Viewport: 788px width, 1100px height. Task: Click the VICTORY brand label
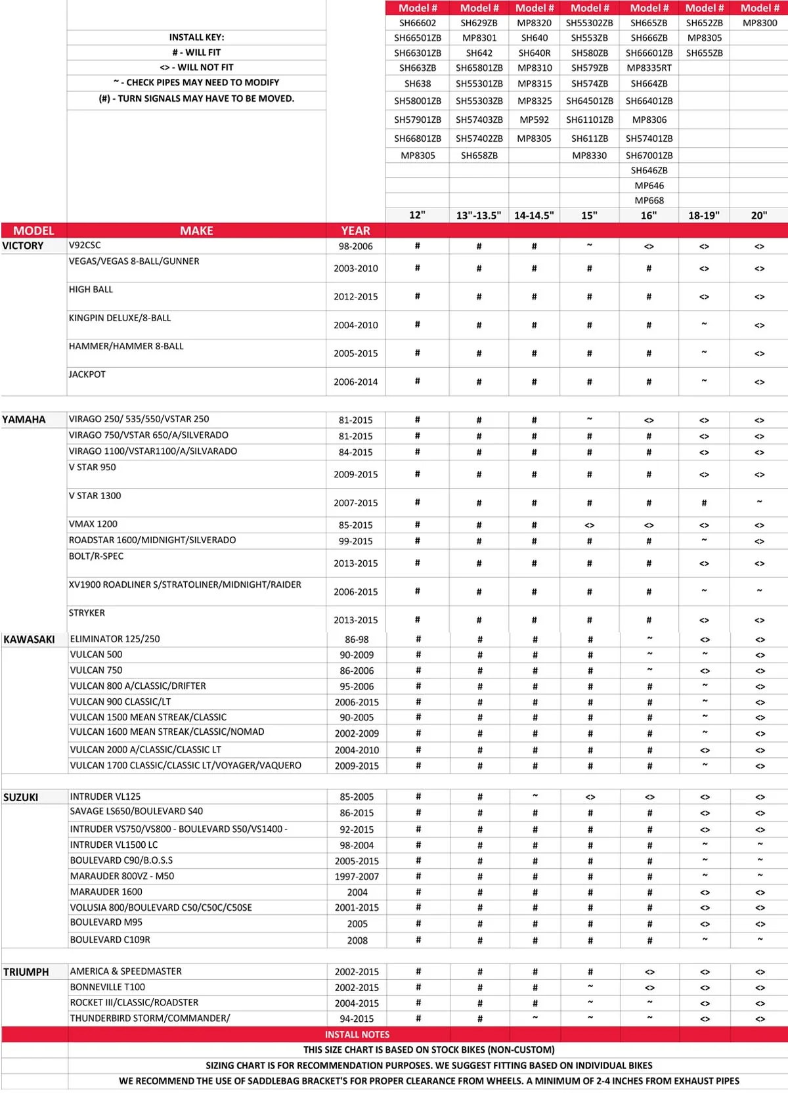pyautogui.click(x=23, y=246)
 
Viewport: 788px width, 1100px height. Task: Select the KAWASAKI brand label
pyautogui.click(x=29, y=639)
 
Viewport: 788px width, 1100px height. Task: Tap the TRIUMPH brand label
pyautogui.click(x=26, y=972)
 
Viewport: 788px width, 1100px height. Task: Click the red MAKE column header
pyautogui.click(x=196, y=231)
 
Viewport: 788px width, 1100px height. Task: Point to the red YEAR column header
pyautogui.click(x=355, y=231)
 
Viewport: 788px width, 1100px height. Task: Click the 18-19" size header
pyautogui.click(x=704, y=215)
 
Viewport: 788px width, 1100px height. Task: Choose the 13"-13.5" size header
pyautogui.click(x=479, y=215)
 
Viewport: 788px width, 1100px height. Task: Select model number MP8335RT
pyautogui.click(x=649, y=68)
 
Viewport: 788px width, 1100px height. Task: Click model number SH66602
pyautogui.click(x=418, y=23)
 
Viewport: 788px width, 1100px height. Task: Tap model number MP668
pyautogui.click(x=649, y=200)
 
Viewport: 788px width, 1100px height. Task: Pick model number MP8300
pyautogui.click(x=760, y=23)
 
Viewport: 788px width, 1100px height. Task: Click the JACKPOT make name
pyautogui.click(x=87, y=374)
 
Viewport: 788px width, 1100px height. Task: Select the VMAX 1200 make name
pyautogui.click(x=93, y=524)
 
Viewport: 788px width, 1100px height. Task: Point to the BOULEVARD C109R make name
pyautogui.click(x=110, y=940)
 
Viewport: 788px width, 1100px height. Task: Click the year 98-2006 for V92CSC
pyautogui.click(x=355, y=246)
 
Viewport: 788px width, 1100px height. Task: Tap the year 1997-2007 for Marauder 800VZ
pyautogui.click(x=357, y=877)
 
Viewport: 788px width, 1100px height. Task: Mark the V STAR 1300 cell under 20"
pyautogui.click(x=759, y=502)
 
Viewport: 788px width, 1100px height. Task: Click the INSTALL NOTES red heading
pyautogui.click(x=357, y=1034)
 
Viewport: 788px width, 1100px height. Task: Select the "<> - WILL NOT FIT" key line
pyautogui.click(x=196, y=67)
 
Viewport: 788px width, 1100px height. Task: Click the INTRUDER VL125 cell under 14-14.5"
pyautogui.click(x=535, y=796)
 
